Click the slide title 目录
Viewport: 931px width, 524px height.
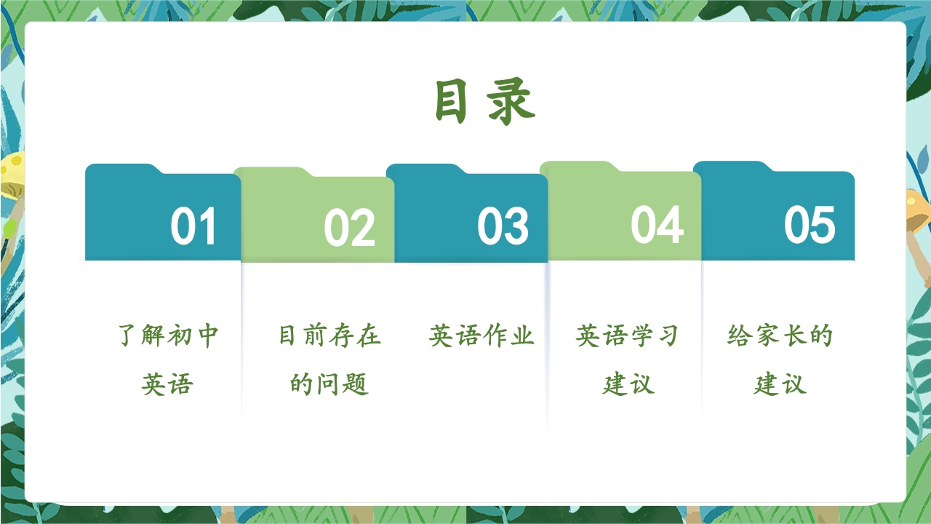coord(485,101)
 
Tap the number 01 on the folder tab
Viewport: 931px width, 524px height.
coord(193,226)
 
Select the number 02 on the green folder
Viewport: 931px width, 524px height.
coord(350,227)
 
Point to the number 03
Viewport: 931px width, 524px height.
coord(503,226)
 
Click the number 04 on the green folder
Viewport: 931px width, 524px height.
coord(657,225)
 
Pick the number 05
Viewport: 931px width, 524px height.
coord(810,225)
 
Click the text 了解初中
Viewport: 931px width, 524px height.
coord(168,336)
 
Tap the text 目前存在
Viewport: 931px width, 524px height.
coord(329,336)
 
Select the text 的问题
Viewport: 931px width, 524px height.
coord(329,384)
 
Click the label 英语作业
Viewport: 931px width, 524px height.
coord(482,336)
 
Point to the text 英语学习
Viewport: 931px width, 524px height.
coord(628,336)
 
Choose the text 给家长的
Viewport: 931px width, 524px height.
coord(780,336)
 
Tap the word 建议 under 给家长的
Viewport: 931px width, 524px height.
coord(780,384)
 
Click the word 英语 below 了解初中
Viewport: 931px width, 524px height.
coord(167,384)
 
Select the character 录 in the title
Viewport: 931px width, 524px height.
coord(511,101)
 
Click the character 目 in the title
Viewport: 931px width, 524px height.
coord(450,101)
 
